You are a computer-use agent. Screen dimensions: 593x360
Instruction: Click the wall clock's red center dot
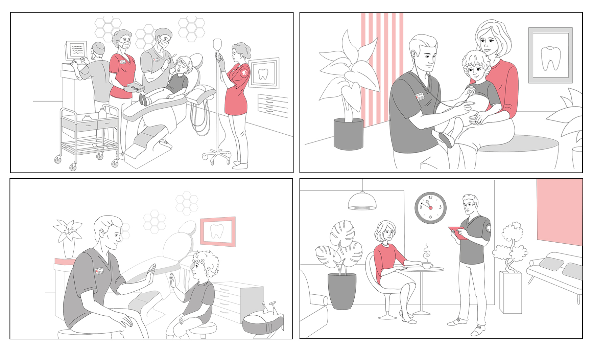click(430, 208)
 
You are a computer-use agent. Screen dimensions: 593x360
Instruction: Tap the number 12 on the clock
click(430, 197)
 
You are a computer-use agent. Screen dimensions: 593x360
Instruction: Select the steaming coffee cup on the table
click(428, 265)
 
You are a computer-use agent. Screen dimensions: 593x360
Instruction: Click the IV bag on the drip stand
click(217, 44)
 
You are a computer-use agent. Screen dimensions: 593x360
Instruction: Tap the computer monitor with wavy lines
click(76, 50)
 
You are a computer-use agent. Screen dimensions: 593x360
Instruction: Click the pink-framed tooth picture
click(218, 231)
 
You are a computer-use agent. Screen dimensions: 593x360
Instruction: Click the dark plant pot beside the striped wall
click(348, 134)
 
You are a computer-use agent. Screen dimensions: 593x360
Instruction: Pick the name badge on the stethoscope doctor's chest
click(420, 96)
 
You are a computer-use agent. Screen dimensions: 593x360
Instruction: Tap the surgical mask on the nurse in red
click(124, 44)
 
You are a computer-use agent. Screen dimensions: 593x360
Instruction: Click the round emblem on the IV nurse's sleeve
click(244, 72)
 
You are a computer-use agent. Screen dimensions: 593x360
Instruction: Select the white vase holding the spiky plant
click(69, 249)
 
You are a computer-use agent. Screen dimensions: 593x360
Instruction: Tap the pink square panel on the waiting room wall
click(560, 212)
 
